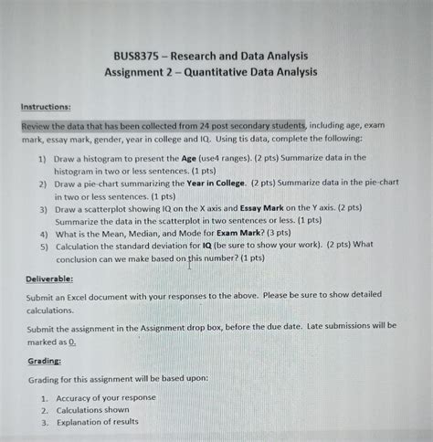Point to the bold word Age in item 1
218,157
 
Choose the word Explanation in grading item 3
87,422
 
